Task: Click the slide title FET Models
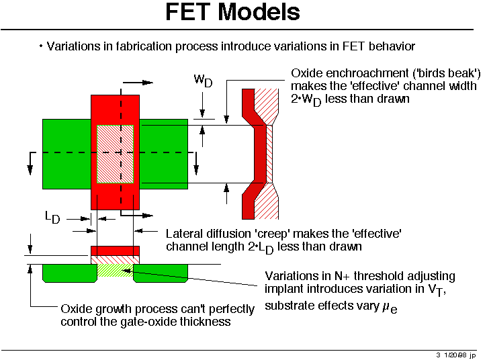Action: coord(232,12)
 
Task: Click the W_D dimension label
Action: coord(203,81)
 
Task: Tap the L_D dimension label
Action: coord(52,217)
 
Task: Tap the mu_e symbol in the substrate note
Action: coord(390,307)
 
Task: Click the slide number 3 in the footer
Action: coord(438,355)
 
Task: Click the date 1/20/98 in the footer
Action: coord(455,355)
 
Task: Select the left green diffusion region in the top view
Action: coord(67,154)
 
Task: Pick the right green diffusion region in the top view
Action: coord(164,154)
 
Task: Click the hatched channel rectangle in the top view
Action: coord(116,154)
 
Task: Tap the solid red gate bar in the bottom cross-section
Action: coord(116,251)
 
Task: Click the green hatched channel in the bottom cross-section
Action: coord(116,271)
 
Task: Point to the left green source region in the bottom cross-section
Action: coord(70,273)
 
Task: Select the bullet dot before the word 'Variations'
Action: coord(41,46)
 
